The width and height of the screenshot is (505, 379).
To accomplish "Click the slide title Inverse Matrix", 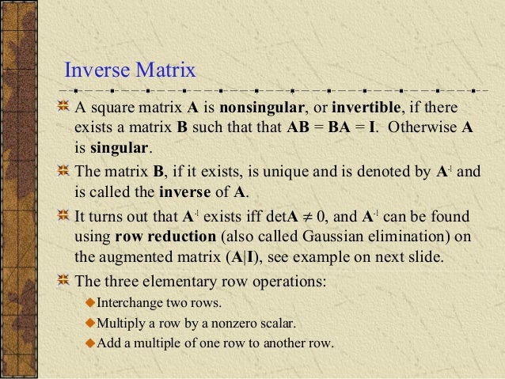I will coord(129,70).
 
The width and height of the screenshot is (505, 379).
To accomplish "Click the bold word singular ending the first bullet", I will coord(120,147).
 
